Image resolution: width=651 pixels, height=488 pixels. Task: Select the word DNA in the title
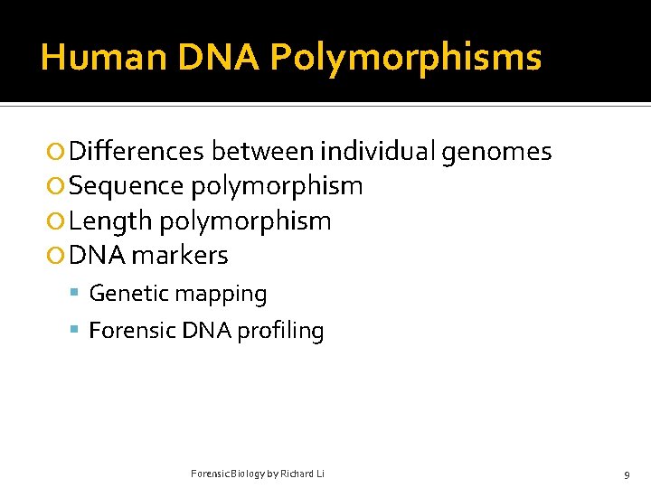219,58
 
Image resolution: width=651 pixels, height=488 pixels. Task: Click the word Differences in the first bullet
136,152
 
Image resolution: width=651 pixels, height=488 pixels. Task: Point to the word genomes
496,152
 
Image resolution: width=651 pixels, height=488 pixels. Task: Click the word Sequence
126,186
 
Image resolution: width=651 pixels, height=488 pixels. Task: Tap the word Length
109,221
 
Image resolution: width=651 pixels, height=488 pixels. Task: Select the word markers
179,255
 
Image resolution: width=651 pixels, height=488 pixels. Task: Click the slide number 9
627,474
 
